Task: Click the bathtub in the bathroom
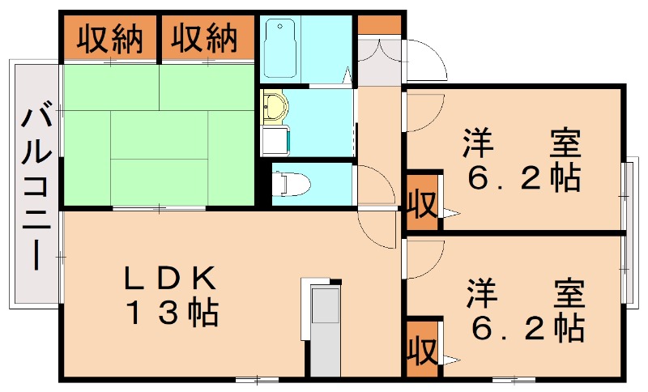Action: [280, 49]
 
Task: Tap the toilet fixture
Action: [291, 184]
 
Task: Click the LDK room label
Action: [170, 279]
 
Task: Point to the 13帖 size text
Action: [173, 313]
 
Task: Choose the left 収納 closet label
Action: [110, 39]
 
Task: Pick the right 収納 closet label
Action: [204, 38]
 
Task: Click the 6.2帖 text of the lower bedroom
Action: [528, 329]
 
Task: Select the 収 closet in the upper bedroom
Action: [422, 202]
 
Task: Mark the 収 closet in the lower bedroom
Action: [422, 349]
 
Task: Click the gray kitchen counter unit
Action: [326, 332]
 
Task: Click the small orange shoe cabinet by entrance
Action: [379, 25]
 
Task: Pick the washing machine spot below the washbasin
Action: [276, 141]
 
